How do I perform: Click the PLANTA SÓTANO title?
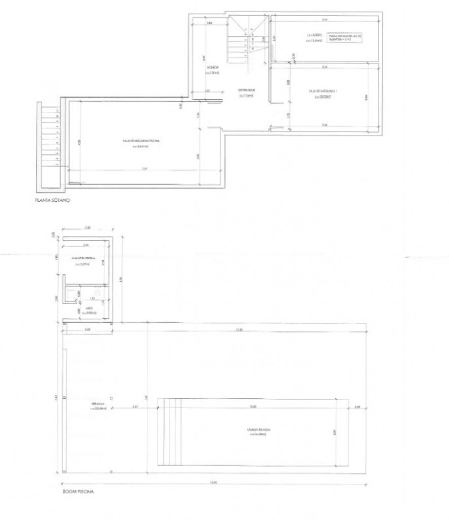(51, 201)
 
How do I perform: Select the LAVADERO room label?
(311, 36)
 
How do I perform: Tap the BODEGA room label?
(213, 69)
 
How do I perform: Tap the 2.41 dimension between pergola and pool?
(135, 407)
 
